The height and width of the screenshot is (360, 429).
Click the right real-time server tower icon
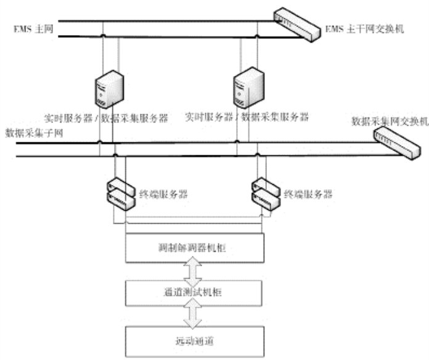point(248,86)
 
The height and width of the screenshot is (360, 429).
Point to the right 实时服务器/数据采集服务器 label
point(247,117)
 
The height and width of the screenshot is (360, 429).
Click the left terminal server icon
point(120,192)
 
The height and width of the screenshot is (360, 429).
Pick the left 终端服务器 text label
point(163,194)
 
